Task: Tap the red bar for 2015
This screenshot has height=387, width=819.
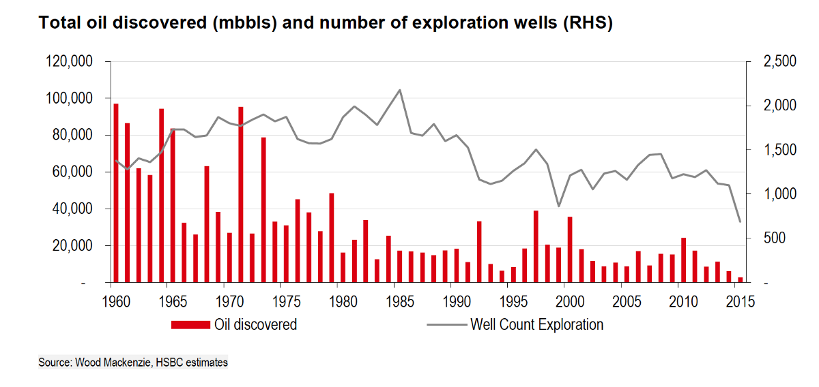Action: [x=740, y=279]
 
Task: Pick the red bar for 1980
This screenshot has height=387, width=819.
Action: [x=343, y=267]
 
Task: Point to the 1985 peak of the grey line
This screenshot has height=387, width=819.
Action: [x=399, y=90]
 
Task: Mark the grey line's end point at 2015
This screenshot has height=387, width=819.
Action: [x=740, y=221]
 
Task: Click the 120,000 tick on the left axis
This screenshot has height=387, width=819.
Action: [x=71, y=62]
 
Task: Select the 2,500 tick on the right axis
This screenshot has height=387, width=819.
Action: [x=762, y=62]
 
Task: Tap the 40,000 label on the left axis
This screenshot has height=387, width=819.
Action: [x=74, y=209]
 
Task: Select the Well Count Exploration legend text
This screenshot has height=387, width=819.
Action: [x=536, y=325]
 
